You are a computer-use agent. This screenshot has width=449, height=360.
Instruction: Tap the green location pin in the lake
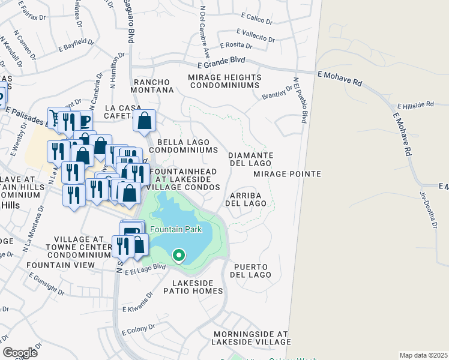point(178,256)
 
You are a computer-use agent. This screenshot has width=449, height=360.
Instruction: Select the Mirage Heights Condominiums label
point(224,82)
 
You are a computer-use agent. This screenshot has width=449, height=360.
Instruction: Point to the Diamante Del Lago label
point(252,159)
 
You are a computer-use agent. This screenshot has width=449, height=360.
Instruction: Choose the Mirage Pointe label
point(287,174)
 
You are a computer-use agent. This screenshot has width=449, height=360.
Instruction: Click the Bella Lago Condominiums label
point(183,146)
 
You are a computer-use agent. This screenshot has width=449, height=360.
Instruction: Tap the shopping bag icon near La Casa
point(145,121)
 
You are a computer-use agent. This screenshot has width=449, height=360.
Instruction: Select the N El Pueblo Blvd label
point(301,100)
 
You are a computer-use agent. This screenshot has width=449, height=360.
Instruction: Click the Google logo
point(20,353)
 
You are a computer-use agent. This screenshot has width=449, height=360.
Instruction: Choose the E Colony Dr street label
point(138,329)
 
